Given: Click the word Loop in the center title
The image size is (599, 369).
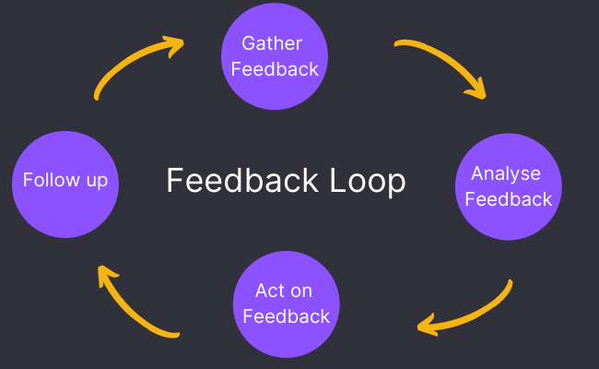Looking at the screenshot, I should (x=367, y=181).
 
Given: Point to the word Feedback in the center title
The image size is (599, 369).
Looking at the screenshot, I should (x=241, y=181).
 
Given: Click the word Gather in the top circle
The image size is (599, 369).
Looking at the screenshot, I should (x=272, y=43).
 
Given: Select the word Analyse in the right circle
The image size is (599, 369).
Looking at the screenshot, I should (x=506, y=173).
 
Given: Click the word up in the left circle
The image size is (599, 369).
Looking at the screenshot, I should (x=97, y=181).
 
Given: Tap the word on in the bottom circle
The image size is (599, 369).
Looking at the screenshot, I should (x=301, y=291).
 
